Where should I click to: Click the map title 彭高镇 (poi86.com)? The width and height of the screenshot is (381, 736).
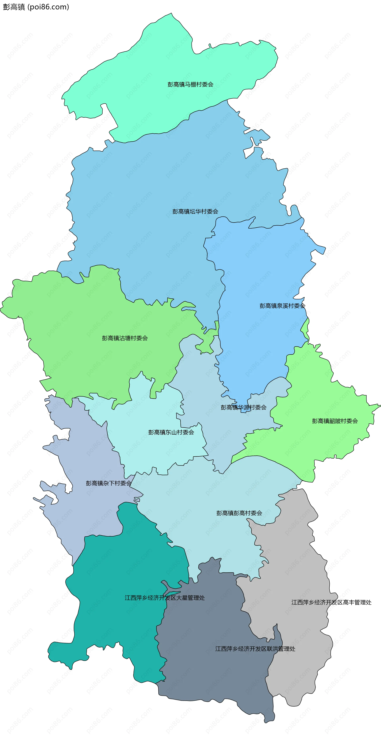(36, 7)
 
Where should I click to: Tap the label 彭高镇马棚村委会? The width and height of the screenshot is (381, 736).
(190, 84)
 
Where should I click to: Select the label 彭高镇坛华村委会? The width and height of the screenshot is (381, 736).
(195, 211)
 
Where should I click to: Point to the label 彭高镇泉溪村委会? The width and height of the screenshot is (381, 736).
(282, 306)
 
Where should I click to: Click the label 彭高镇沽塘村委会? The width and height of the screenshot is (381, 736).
(125, 338)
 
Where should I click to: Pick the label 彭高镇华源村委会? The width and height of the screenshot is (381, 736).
(243, 407)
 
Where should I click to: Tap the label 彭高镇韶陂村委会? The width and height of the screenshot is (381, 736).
(335, 421)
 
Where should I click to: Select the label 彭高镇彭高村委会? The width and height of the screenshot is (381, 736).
(239, 513)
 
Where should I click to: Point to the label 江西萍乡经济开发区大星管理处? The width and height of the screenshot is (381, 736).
(165, 598)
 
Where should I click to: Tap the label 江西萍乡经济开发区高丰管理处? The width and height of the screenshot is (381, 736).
(331, 602)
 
